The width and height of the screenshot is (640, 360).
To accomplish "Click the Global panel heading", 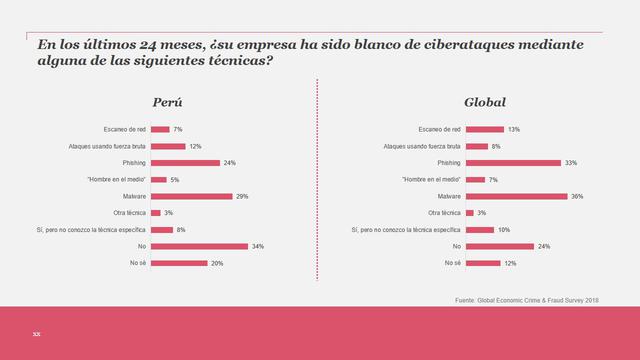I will click(485, 103).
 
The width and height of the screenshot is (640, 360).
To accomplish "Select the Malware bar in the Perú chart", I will click(191, 196).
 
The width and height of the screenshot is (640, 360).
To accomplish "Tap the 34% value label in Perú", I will click(257, 246).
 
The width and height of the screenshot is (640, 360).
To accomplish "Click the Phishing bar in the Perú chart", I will click(184, 162).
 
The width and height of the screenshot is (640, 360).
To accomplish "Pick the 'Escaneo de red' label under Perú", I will click(124, 129).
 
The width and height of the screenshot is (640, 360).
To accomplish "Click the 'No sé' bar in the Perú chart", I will click(178, 263).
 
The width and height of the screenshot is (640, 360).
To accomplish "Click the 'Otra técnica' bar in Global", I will click(470, 213).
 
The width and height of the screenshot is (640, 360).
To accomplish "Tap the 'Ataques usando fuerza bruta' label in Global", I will click(423, 146).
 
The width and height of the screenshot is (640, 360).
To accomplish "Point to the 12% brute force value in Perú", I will click(196, 146).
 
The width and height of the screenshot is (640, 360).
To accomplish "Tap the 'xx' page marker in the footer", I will click(36, 332).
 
